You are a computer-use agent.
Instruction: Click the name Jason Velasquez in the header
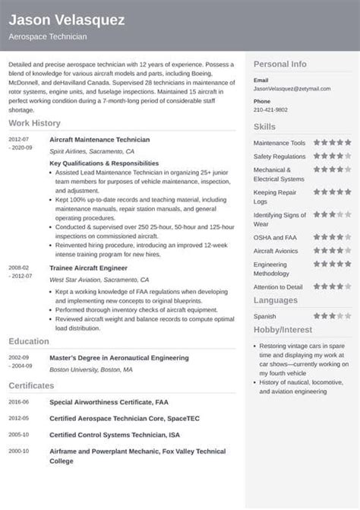tap(67, 21)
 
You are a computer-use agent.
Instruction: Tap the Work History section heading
tap(35, 123)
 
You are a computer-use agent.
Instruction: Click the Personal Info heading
tap(279, 65)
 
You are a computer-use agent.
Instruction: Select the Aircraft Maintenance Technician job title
tap(99, 140)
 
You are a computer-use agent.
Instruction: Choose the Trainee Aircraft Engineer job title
tap(88, 268)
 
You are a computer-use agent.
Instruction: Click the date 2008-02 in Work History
tap(19, 268)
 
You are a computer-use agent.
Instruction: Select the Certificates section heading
tap(33, 385)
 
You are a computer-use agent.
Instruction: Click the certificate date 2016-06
tap(19, 401)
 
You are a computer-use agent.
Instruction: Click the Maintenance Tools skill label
tap(279, 143)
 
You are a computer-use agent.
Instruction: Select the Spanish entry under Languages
tap(264, 315)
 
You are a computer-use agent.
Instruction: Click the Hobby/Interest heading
tap(284, 331)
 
